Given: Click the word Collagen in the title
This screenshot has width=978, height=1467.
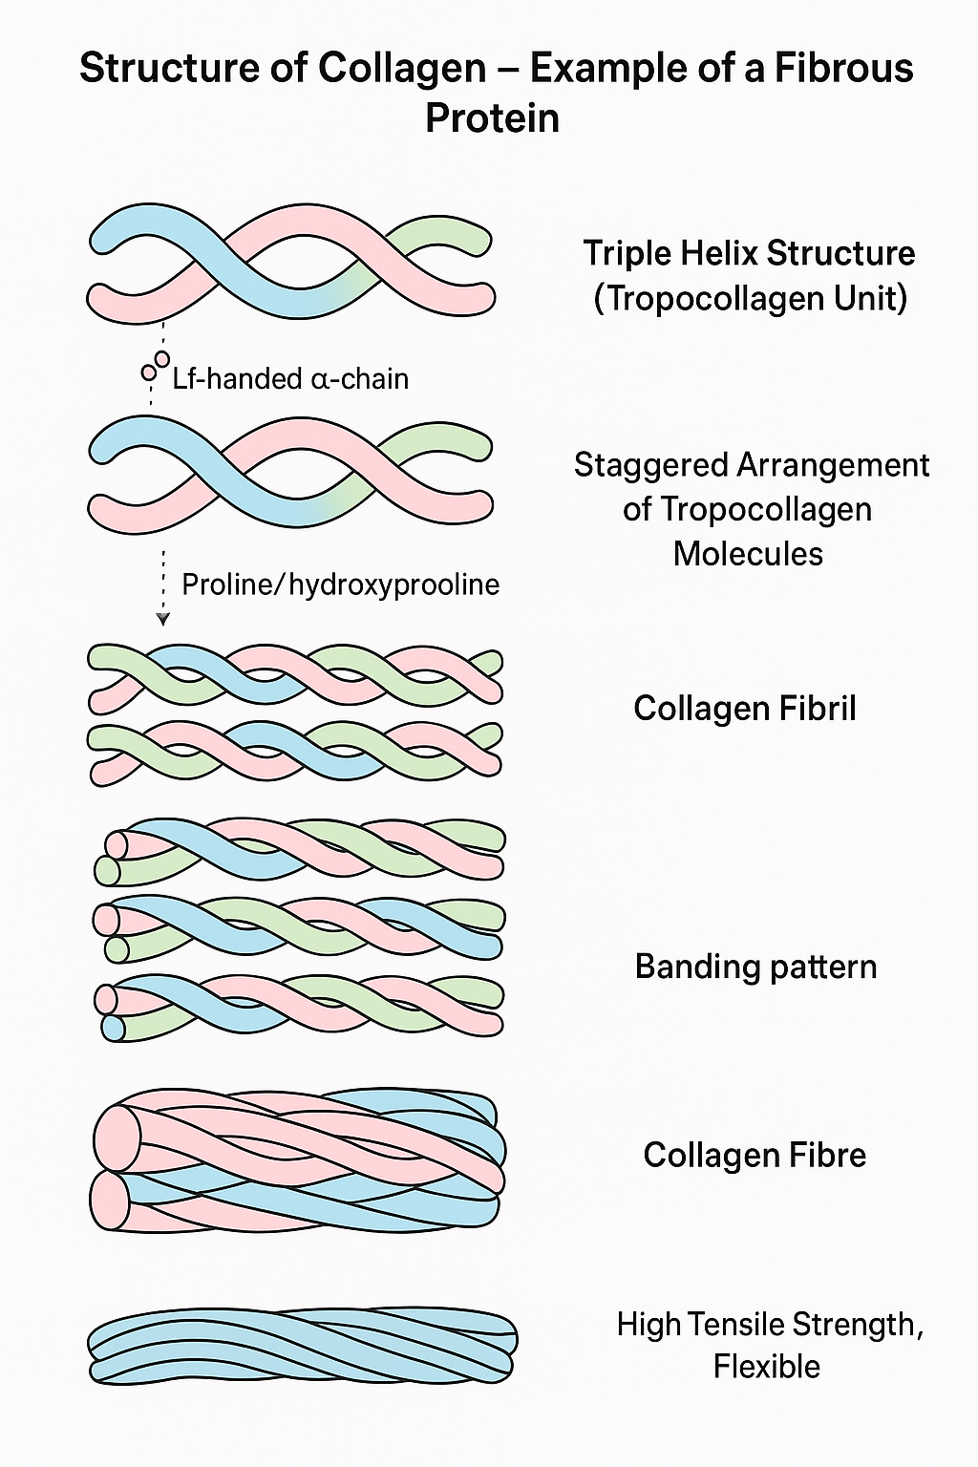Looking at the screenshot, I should [x=402, y=69].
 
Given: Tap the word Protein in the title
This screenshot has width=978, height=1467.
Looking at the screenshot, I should [x=492, y=117].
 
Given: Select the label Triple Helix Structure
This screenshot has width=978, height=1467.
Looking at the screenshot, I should [x=749, y=253].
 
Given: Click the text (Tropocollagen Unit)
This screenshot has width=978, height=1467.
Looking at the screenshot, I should [x=750, y=298].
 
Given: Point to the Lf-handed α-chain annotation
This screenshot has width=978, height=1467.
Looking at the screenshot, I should [x=290, y=379].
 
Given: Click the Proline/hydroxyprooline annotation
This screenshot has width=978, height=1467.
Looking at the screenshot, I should [x=340, y=585].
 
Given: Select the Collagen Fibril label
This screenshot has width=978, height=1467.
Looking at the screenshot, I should [x=744, y=708].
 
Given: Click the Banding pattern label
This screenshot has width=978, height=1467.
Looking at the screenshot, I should [x=755, y=967].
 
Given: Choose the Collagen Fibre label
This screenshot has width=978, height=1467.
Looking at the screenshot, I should [x=754, y=1155].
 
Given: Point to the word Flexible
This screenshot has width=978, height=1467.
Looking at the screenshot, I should [x=766, y=1367].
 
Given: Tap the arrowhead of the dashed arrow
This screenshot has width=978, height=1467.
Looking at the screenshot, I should [x=163, y=619].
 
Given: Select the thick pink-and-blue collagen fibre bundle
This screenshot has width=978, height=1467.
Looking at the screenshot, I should [x=298, y=1159].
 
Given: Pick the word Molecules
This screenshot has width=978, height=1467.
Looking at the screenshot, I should [x=748, y=554].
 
